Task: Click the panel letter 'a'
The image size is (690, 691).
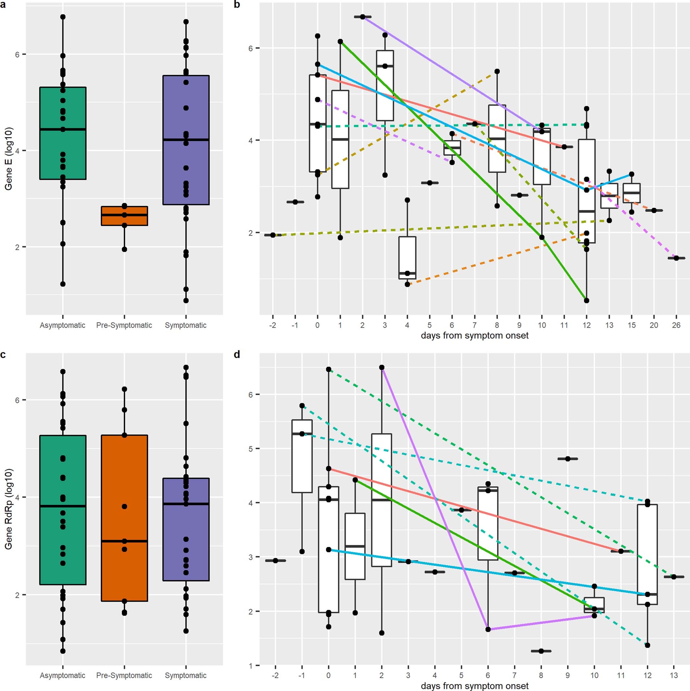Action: [3, 5]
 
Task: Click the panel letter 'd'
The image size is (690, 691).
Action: [237, 354]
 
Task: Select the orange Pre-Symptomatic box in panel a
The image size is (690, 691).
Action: [124, 216]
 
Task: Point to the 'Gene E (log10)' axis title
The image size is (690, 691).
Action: [8, 159]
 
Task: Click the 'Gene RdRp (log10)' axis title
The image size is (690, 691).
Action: [8, 509]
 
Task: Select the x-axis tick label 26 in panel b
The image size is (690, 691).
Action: [676, 325]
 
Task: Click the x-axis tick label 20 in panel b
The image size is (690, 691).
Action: [654, 325]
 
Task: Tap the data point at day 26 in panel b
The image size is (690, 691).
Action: [676, 258]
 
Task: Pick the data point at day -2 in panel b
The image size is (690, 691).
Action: [273, 235]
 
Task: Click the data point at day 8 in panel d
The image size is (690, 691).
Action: [541, 651]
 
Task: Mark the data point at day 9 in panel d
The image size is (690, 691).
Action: [568, 458]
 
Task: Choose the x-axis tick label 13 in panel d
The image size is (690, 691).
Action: [674, 675]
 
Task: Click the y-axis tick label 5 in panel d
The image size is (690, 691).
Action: [251, 449]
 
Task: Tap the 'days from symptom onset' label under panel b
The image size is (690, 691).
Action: [474, 336]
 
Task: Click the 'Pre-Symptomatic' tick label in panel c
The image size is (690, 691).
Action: [124, 675]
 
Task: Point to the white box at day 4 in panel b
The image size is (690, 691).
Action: [407, 258]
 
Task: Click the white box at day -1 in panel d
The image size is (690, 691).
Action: [302, 456]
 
